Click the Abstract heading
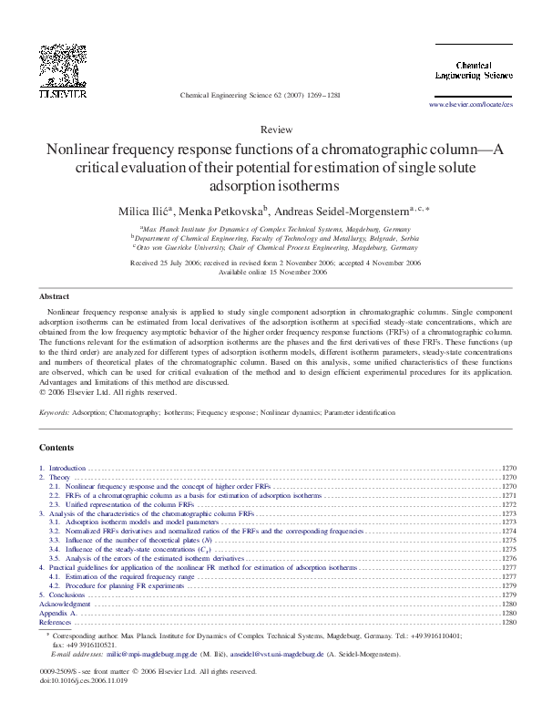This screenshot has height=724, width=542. coord(54,297)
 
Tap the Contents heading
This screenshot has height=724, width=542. coord(56,447)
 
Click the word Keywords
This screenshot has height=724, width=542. coord(56,412)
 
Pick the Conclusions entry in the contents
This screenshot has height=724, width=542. coord(66,595)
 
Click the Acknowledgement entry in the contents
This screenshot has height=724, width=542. coord(65,604)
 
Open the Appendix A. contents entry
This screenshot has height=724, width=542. coord(56,613)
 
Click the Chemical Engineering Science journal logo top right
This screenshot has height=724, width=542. coord(470,71)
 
